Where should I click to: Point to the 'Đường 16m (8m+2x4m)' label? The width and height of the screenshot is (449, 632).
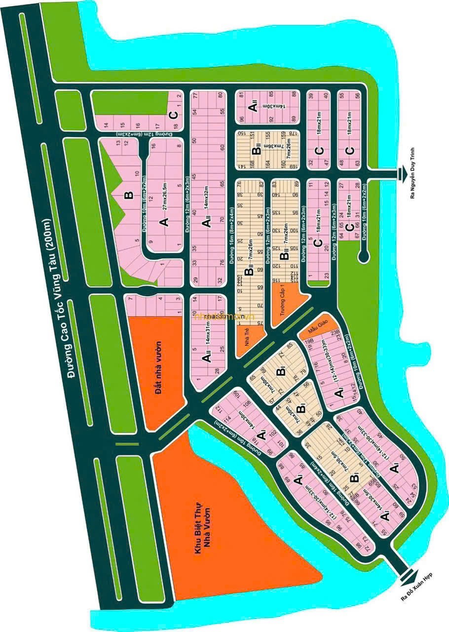point(229,212)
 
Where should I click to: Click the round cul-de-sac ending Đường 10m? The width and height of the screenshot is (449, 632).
point(363,256)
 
